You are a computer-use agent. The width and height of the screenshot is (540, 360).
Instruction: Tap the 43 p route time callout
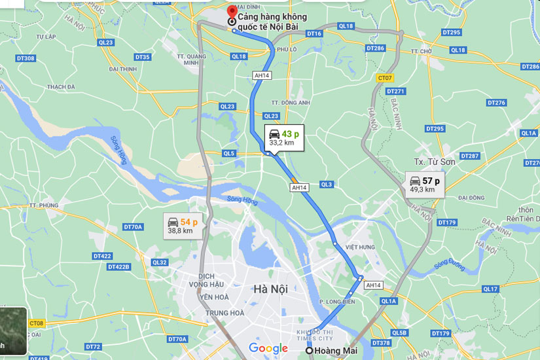(283, 137)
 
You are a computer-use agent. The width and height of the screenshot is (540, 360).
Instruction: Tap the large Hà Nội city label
(270, 289)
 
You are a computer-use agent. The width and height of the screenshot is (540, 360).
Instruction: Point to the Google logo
(268, 348)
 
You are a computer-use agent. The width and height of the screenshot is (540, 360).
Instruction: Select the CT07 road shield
(385, 78)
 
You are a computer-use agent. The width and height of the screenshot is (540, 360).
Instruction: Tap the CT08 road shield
(37, 323)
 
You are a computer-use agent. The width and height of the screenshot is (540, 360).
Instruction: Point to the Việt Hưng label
(360, 247)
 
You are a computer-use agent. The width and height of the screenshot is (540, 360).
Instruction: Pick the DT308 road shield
(25, 58)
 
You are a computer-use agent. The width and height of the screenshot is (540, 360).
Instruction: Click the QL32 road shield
(159, 262)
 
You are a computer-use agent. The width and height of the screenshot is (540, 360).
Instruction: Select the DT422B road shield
(118, 267)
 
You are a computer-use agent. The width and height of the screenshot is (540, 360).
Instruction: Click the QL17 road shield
(490, 289)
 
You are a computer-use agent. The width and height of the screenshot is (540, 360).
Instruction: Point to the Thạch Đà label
(61, 86)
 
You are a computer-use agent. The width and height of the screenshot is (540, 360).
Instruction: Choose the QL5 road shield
(228, 153)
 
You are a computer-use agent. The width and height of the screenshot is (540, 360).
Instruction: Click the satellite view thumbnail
(13, 331)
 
